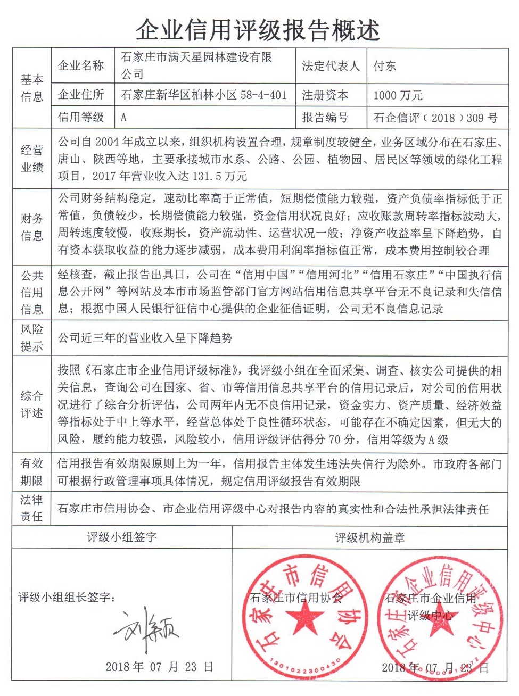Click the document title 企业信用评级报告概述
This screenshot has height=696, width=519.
coord(258,30)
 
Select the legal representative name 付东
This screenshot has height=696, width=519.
coord(384,66)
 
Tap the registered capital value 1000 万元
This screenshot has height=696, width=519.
coord(398,95)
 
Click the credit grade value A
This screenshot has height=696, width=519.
coord(123,117)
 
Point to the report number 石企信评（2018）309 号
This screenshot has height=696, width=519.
coord(435,118)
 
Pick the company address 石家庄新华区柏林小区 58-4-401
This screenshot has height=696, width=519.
coord(204,95)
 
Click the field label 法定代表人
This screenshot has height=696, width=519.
coord(331,66)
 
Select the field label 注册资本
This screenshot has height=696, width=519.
coord(325,95)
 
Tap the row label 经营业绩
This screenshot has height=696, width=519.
coord(32,159)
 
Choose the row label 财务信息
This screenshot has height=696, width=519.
coord(32,227)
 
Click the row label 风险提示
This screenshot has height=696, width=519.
coord(32,338)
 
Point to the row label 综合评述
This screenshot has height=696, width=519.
coord(32,404)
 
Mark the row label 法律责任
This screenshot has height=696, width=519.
coord(32,508)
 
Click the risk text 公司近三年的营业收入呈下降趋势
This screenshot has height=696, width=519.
coord(145,338)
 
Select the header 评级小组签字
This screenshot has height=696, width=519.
coord(122,537)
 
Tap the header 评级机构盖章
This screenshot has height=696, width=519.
coord(369,538)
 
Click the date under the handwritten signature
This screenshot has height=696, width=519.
coord(159,667)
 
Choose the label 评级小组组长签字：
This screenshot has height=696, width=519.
coord(67,597)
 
